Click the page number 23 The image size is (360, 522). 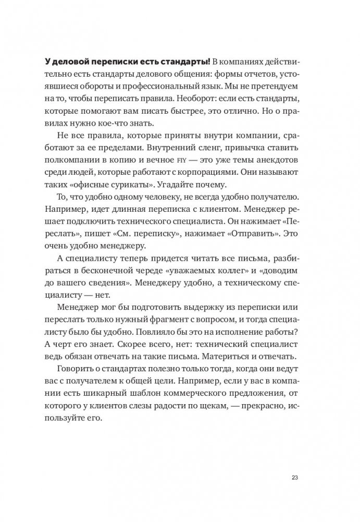pyautogui.click(x=294, y=477)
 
